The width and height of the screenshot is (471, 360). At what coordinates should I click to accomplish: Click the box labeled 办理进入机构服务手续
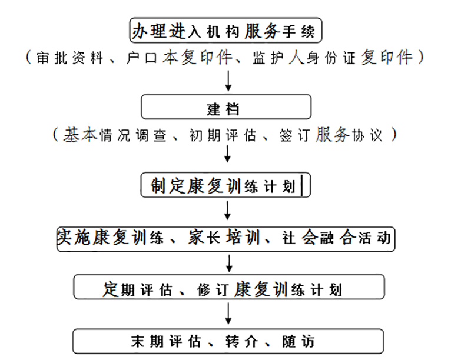tap(225, 30)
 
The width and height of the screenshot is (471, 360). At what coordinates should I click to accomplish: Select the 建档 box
tap(226, 107)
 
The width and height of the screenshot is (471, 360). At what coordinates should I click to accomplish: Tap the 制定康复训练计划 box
tap(225, 185)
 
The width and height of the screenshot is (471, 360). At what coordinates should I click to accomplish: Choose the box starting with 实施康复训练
tap(225, 239)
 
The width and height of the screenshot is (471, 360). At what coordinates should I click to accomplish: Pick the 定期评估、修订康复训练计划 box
tap(229, 287)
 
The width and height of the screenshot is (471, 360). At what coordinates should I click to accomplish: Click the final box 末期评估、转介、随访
tap(228, 341)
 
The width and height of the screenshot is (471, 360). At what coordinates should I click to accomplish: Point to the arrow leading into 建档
tap(228, 81)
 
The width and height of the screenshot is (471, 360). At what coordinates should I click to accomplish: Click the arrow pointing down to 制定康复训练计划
tap(227, 154)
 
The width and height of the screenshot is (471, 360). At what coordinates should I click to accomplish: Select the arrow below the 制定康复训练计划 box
tap(227, 211)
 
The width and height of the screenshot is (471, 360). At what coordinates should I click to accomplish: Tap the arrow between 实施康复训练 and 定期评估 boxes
tap(229, 264)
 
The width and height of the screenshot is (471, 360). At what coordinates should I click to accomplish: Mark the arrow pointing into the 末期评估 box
tap(228, 314)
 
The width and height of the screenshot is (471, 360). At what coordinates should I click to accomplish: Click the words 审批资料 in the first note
tap(69, 58)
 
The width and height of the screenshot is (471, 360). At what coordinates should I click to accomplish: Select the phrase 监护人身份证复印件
tap(333, 57)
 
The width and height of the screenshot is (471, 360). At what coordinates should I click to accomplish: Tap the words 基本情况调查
tap(114, 135)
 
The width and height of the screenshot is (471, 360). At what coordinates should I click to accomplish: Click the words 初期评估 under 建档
tap(223, 135)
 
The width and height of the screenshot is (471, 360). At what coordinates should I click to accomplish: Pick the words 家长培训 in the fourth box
tap(224, 238)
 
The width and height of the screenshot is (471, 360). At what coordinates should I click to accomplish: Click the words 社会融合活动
tap(336, 238)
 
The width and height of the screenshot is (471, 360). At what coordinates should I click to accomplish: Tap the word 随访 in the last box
tap(298, 342)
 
